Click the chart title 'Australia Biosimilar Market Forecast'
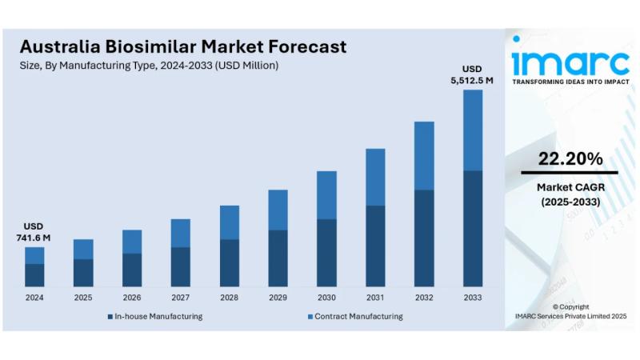(183, 46)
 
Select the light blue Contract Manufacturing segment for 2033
(473, 130)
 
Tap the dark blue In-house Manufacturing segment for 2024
(34, 274)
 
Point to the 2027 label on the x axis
(180, 298)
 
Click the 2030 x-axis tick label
(326, 298)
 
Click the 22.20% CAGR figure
(570, 159)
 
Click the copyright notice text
(570, 311)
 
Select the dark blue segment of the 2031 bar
(375, 246)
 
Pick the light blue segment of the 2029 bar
(278, 210)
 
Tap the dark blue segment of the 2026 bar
(131, 270)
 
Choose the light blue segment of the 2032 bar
(424, 155)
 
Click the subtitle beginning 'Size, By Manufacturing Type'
(149, 66)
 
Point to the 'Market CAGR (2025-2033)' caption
(570, 194)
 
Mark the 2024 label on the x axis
(34, 298)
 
